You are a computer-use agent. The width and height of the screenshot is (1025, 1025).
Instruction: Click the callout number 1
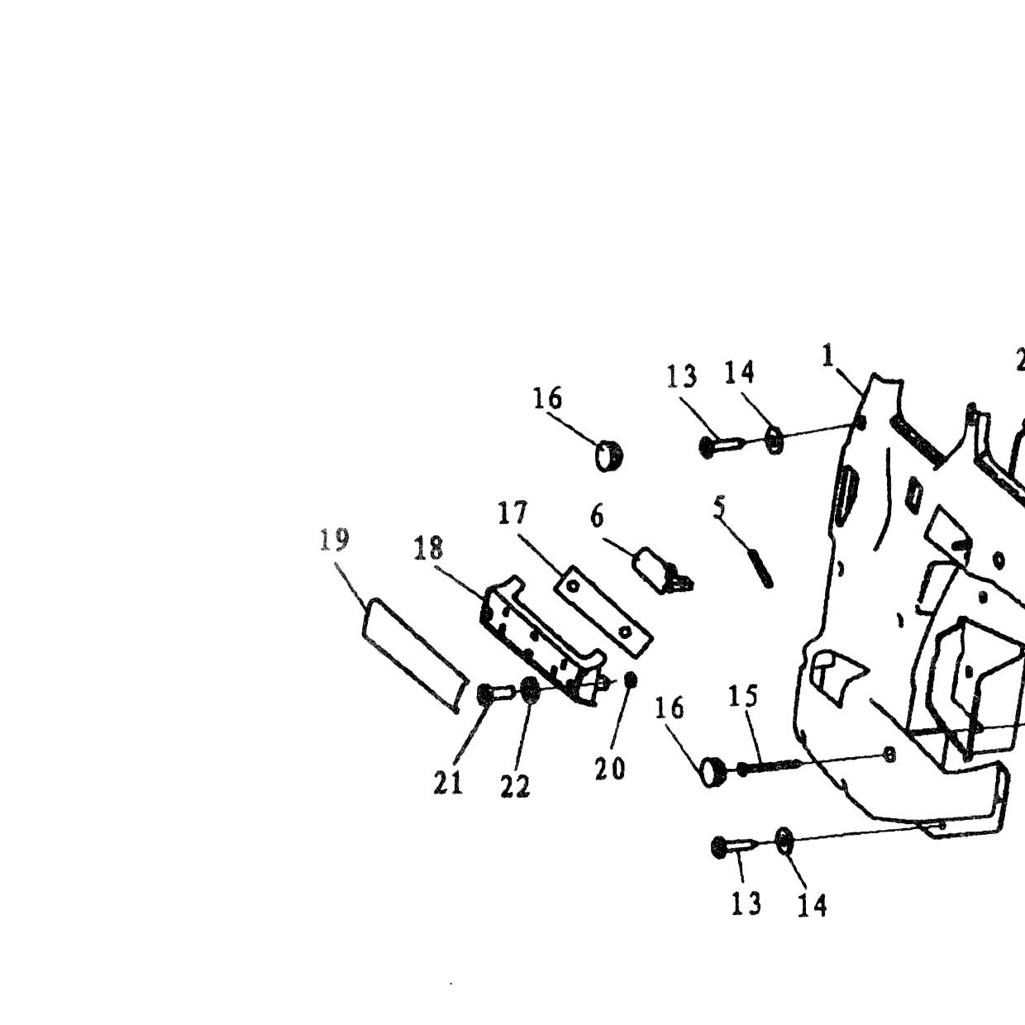coord(827,355)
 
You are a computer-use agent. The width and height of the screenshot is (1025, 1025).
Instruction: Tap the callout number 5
coord(718,507)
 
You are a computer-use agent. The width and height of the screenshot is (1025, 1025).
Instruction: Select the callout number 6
coord(597,517)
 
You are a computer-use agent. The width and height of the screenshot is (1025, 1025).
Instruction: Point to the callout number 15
coord(742,696)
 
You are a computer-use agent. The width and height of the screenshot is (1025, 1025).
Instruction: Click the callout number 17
coord(512,512)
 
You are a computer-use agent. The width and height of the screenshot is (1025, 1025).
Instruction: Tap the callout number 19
coord(334,539)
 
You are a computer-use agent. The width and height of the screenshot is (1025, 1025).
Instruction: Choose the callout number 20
coord(609,769)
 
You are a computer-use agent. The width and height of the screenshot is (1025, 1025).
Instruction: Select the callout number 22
coord(515,787)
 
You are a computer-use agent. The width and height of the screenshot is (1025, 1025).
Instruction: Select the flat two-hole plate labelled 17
coord(603,612)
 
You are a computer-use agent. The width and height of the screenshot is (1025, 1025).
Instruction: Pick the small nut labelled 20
coord(631,679)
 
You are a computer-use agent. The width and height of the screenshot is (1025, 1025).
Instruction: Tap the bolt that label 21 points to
coord(494,693)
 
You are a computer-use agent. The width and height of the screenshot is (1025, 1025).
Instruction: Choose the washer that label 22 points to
coord(529,689)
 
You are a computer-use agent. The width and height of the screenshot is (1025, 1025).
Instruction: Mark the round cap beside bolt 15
coord(714,772)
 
